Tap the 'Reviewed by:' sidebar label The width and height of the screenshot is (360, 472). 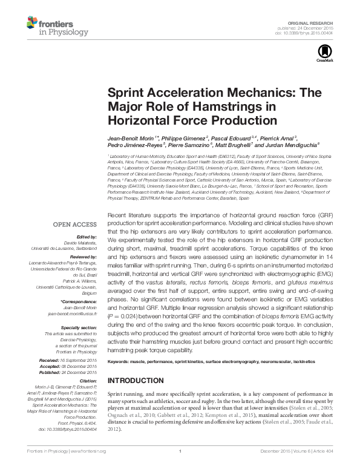click(84, 257)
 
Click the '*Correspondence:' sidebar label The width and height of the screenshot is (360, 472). click(80, 301)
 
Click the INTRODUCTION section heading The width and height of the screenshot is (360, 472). click(136, 381)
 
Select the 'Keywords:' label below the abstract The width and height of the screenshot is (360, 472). click(119, 361)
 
